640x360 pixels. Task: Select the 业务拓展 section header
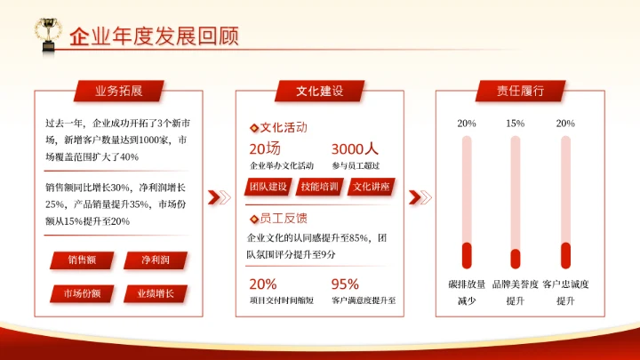tap(119, 91)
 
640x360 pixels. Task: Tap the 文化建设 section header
tap(320, 91)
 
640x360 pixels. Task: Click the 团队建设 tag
tap(268, 187)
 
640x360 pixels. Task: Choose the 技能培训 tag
tap(320, 187)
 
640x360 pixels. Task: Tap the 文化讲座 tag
tap(372, 187)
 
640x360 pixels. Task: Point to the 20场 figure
tap(265, 149)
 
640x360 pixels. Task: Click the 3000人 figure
tap(355, 149)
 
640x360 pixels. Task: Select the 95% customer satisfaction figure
tap(345, 284)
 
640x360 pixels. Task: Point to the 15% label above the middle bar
tap(516, 124)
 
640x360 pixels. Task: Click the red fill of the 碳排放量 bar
tap(466, 255)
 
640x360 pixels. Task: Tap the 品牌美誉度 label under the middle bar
tap(516, 284)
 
